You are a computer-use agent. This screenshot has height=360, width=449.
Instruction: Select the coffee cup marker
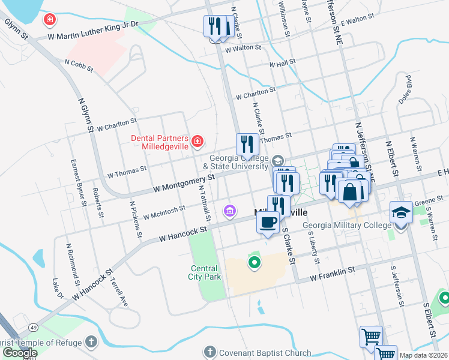[x=268, y=222]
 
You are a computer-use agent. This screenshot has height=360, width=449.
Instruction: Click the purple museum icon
[x=229, y=211]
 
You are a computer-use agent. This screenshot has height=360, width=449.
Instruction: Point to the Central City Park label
[x=206, y=272]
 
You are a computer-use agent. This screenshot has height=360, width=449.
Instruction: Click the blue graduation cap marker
[x=400, y=212]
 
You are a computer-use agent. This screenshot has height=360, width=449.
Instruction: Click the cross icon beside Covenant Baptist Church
[x=209, y=352]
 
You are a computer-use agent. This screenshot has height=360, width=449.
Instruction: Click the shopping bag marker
[x=349, y=193]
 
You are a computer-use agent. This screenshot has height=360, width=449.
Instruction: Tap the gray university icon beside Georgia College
[x=277, y=160]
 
